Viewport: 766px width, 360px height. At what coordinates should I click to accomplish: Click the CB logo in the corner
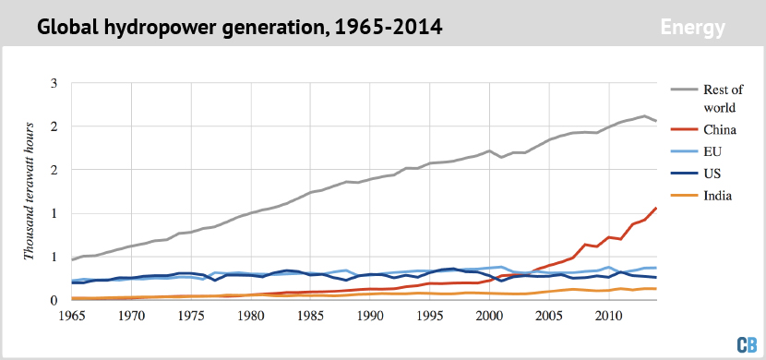[746, 343]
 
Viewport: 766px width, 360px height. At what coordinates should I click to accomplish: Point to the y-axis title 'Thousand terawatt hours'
[29, 194]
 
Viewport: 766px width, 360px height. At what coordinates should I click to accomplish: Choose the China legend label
[721, 131]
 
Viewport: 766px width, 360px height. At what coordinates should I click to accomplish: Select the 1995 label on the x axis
[429, 317]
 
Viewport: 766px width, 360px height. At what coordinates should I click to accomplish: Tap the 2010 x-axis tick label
[608, 317]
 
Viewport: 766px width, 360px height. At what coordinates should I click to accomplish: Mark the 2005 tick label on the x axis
[548, 317]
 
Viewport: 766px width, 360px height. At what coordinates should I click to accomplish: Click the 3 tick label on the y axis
[54, 84]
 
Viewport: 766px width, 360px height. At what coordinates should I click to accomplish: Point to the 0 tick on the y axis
[54, 300]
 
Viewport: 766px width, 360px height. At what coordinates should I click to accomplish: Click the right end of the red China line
[656, 208]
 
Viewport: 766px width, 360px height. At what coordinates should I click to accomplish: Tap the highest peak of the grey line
[644, 115]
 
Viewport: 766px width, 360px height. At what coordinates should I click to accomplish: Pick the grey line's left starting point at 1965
[72, 259]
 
